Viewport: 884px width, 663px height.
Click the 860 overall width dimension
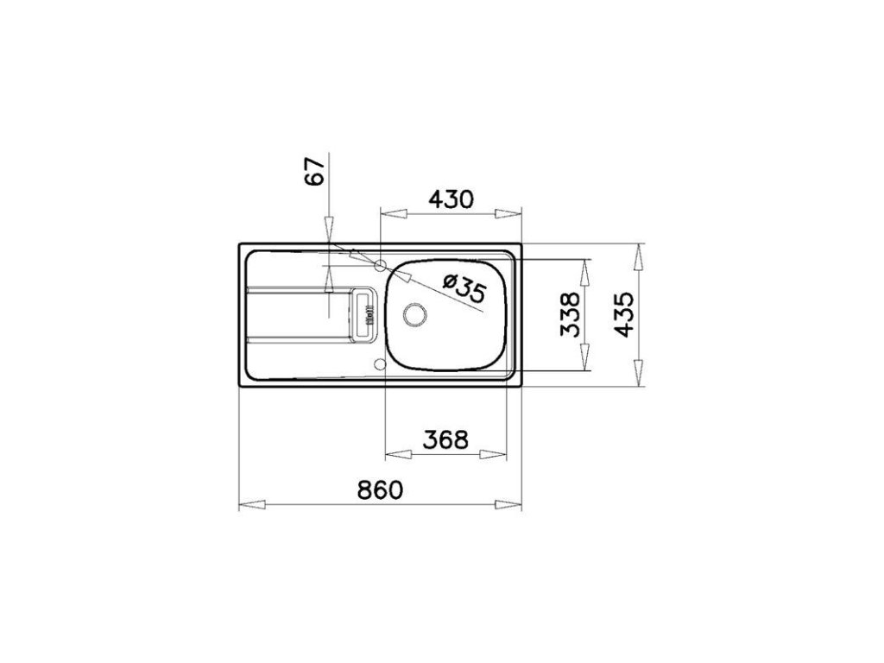click(x=381, y=490)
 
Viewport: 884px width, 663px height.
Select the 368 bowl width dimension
click(x=445, y=439)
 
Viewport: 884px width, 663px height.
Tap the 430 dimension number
click(x=451, y=199)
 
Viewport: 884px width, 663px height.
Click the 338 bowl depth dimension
click(x=571, y=314)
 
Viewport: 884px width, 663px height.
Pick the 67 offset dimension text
click(x=315, y=171)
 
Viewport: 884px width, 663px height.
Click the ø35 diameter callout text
click(x=464, y=287)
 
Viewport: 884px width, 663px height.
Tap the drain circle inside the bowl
click(x=415, y=314)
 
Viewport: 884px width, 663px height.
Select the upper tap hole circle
click(x=381, y=265)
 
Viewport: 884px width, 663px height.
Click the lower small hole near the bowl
click(x=380, y=363)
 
